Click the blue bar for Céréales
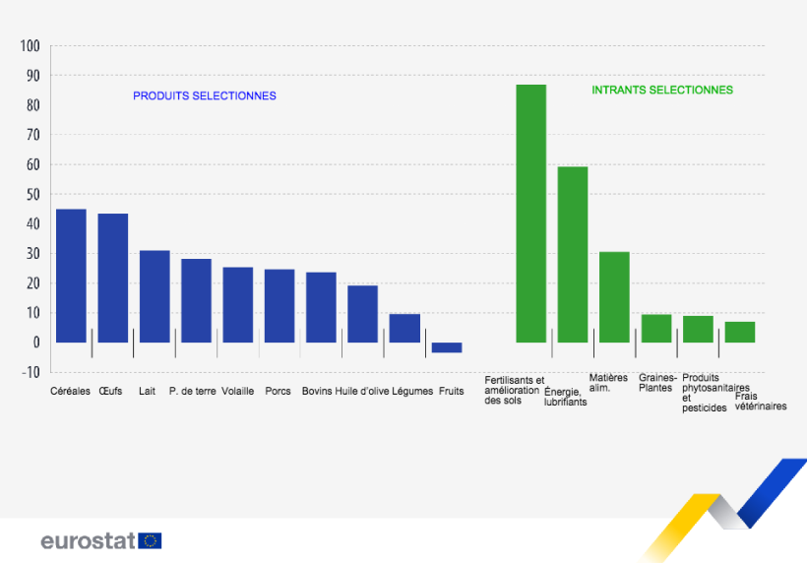coord(71,276)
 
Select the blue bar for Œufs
coord(112,278)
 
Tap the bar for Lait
coord(155,296)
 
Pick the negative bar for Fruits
coord(447,347)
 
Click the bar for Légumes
coord(404,328)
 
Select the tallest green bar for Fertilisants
coord(531,214)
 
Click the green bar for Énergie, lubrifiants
coord(573,254)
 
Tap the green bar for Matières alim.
coord(614,297)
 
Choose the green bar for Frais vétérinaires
coord(740,332)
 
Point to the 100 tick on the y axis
coord(30,46)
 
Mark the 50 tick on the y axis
coord(31,195)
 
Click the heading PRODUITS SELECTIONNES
coord(205,96)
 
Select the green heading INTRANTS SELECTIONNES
coord(661,90)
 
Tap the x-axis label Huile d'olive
coord(361,391)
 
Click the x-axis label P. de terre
coord(192,391)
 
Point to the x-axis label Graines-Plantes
coord(656,382)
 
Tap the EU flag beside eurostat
coord(151,540)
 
